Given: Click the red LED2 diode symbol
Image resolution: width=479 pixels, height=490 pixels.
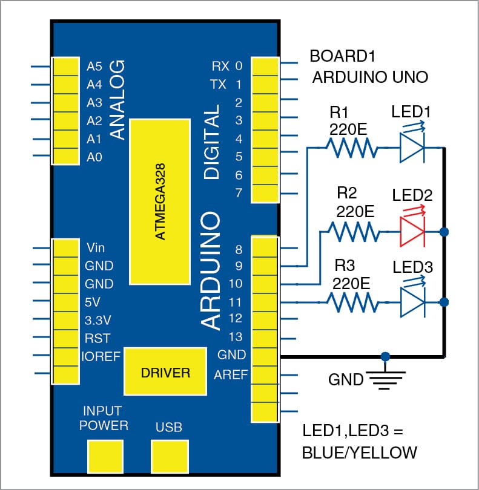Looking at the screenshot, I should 414,231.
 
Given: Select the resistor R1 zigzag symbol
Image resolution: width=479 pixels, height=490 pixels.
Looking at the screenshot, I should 351,147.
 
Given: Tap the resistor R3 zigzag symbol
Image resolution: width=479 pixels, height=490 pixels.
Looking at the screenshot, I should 351,301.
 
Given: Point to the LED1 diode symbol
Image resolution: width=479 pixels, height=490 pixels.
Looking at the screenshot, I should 413,147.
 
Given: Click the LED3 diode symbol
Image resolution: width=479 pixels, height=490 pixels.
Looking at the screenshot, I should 413,301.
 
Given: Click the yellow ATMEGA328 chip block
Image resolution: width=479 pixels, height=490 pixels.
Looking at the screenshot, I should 159,201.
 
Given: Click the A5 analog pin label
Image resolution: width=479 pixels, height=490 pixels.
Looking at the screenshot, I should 95,65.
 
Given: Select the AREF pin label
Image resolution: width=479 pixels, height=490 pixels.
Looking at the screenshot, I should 231,374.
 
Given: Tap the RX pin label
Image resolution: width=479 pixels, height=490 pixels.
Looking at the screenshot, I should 220,65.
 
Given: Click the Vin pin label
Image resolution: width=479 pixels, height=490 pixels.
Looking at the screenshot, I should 96,247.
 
